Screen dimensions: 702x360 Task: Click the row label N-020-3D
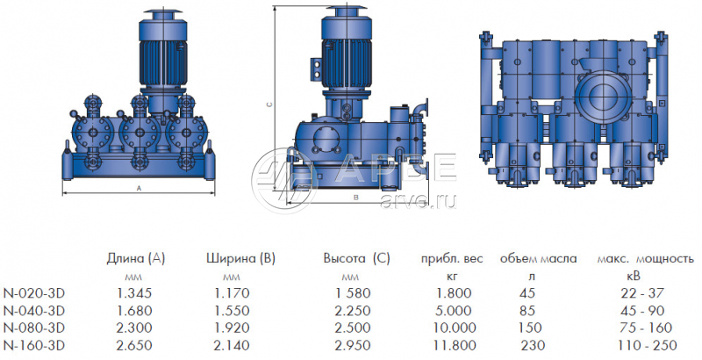click(34, 293)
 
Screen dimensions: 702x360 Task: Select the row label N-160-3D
click(34, 346)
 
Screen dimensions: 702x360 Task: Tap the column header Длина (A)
click(136, 259)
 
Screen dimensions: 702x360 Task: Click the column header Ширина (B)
click(240, 259)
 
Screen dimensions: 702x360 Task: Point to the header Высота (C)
click(357, 259)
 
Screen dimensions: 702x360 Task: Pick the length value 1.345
click(134, 293)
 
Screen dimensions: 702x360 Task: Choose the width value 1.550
click(232, 311)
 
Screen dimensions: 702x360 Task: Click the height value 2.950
click(354, 346)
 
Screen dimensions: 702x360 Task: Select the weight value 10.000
click(454, 328)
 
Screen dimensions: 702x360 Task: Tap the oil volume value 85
click(527, 311)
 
